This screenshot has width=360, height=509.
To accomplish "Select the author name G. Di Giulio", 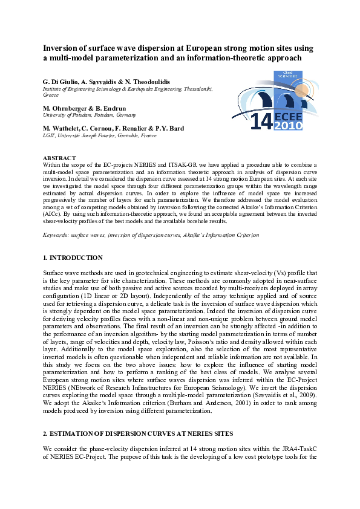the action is pos(60,81).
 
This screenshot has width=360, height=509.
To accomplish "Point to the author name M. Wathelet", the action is pos(63,128).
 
